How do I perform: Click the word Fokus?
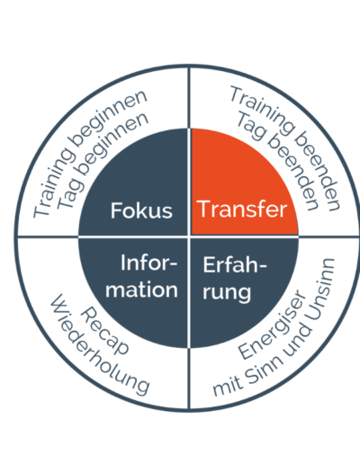141,210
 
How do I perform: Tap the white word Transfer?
242,209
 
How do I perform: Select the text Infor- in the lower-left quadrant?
149,263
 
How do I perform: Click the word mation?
141,290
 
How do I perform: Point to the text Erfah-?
235,264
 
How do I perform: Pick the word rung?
227,292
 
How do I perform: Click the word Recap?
104,331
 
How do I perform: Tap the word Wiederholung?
100,344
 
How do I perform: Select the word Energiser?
273,325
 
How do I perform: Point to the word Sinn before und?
265,370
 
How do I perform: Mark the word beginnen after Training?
108,119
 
